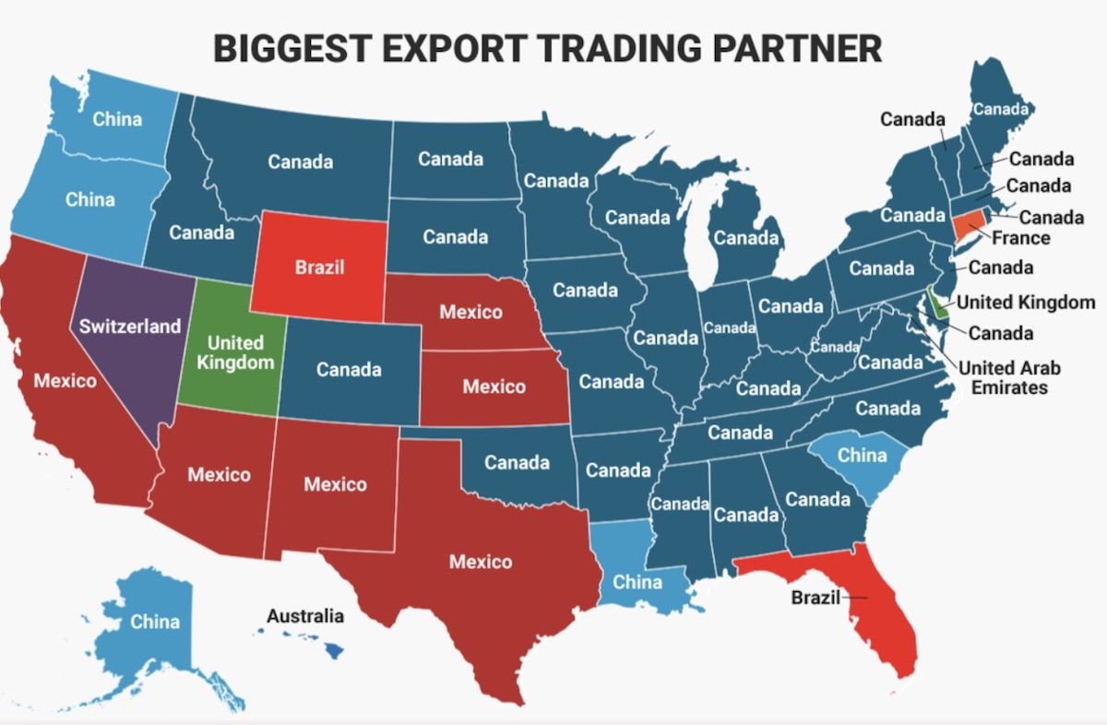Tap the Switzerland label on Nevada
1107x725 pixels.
point(130,327)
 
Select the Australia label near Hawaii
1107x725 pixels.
point(305,615)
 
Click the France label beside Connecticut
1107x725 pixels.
point(1021,238)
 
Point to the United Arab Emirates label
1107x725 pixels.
point(1009,377)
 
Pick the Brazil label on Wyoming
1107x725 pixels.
point(320,267)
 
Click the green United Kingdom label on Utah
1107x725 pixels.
point(235,352)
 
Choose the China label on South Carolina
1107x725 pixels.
point(862,455)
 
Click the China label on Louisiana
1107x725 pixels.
point(637,582)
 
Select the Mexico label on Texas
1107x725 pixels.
point(481,561)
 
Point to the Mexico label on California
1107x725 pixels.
point(65,379)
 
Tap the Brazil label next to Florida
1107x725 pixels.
point(816,597)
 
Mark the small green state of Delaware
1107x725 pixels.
point(938,303)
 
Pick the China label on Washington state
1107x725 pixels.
point(118,119)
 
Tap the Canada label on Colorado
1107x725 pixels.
point(349,369)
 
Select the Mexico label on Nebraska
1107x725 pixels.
point(471,312)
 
